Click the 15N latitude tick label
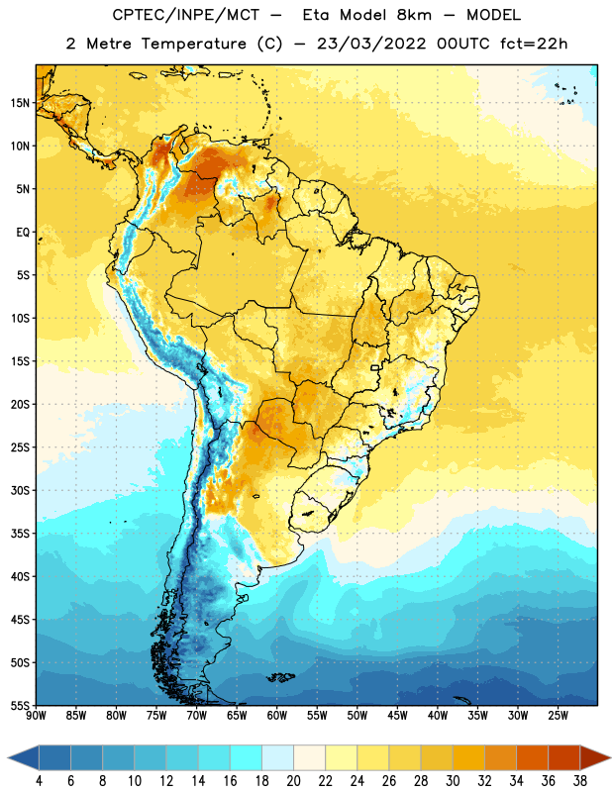[x=20, y=103]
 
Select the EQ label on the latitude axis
[x=23, y=233]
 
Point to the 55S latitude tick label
[x=20, y=705]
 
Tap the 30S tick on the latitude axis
[x=20, y=490]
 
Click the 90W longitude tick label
[x=36, y=716]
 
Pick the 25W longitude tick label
[x=558, y=716]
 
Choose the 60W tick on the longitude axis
[x=277, y=716]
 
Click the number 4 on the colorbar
[x=39, y=781]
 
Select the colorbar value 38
[x=580, y=781]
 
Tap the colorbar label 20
[x=293, y=781]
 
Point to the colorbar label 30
[x=453, y=781]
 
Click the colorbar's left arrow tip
[x=8, y=758]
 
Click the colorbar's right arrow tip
[x=610, y=758]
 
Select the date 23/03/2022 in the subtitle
[x=371, y=44]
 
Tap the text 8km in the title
[x=414, y=15]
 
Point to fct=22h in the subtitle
[x=534, y=44]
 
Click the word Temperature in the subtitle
[x=193, y=44]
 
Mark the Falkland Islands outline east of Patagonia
[x=281, y=677]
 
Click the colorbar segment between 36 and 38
[x=564, y=758]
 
